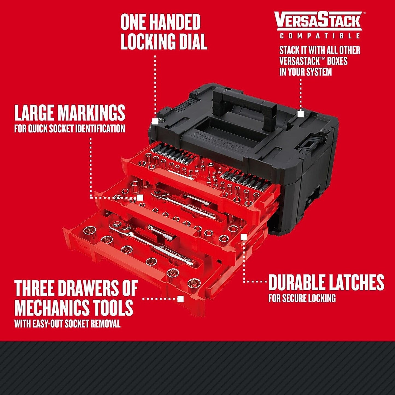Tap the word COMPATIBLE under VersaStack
pos(320,36)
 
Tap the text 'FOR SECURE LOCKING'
pos(302,298)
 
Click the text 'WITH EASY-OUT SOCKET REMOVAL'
pos(67,324)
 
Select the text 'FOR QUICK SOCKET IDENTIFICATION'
pos(70,128)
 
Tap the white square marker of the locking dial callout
pos(155,121)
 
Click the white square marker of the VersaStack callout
pos(300,114)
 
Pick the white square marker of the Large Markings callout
pos(140,197)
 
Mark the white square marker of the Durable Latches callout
pos(244,237)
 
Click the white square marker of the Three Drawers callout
pos(180,299)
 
